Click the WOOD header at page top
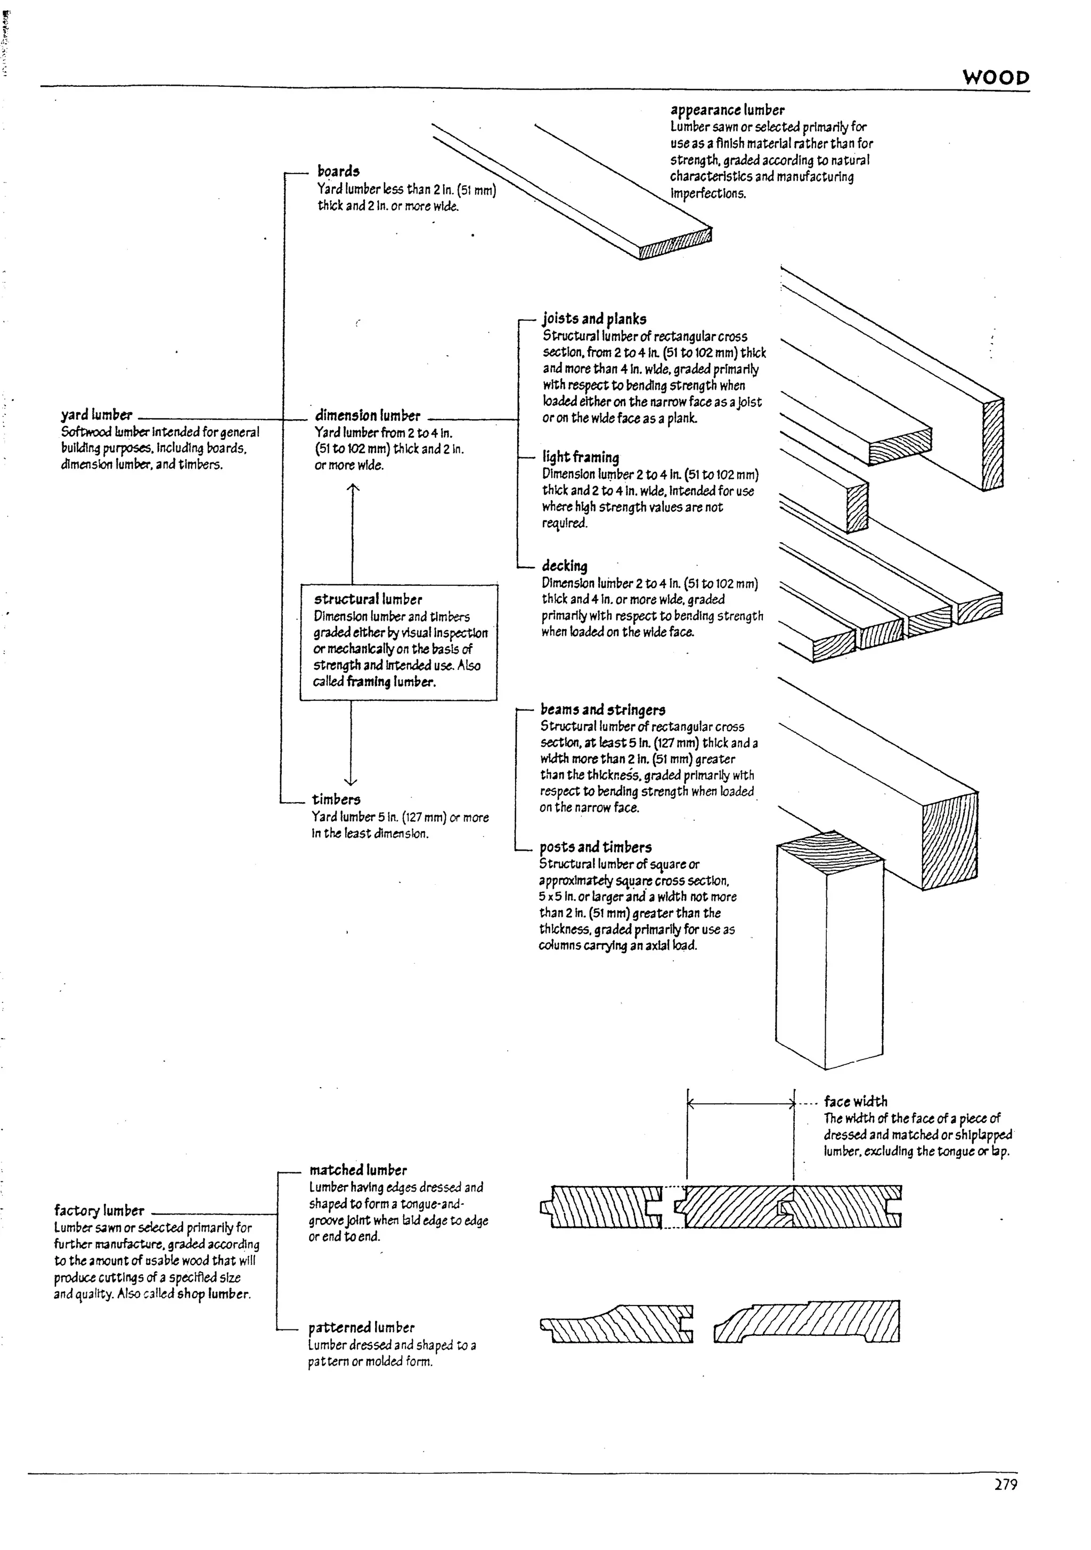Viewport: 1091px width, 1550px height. tap(995, 78)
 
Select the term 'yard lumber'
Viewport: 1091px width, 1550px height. tap(96, 414)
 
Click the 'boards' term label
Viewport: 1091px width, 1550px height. tap(338, 172)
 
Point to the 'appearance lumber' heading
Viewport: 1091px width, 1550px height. tap(727, 109)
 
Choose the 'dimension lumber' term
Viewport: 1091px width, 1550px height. tap(367, 415)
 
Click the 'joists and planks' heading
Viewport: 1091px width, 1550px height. tap(594, 319)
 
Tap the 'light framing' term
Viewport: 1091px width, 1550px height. tap(581, 457)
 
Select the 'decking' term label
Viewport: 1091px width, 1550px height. tap(564, 566)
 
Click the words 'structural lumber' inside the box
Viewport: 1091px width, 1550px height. tap(368, 599)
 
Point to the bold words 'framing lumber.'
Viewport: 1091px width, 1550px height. tap(391, 682)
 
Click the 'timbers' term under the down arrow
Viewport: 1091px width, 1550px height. tap(336, 800)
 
